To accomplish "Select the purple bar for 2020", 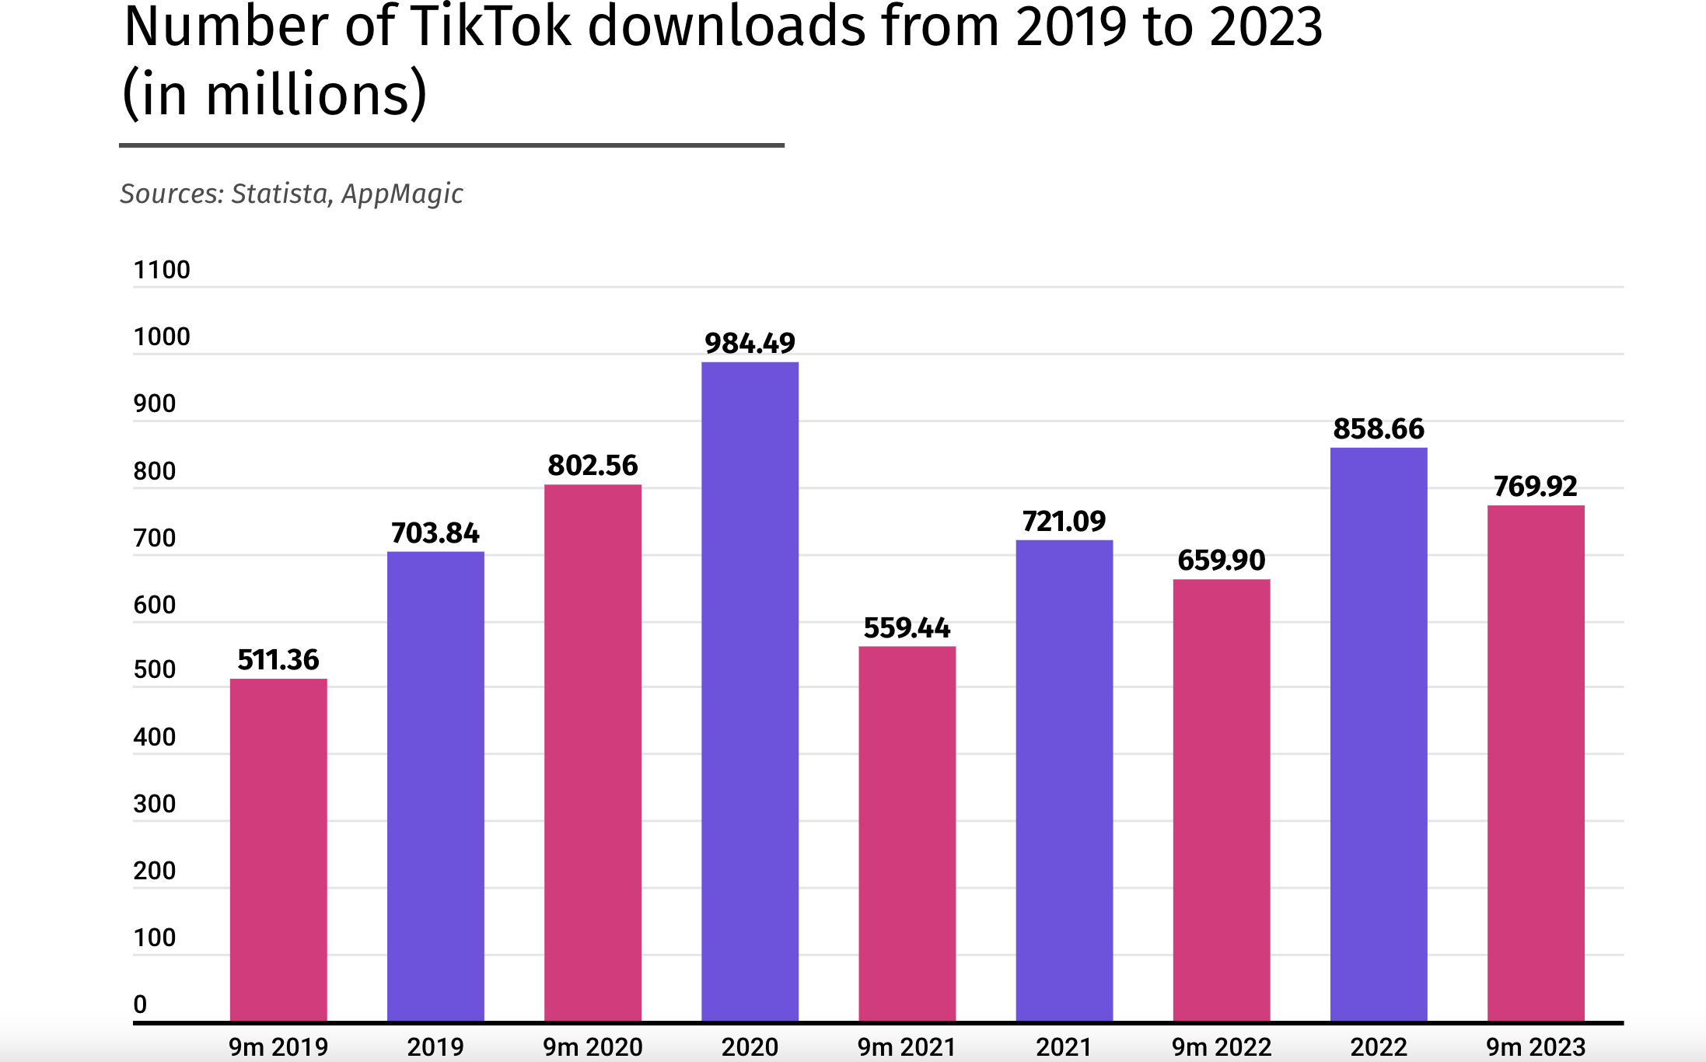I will click(750, 691).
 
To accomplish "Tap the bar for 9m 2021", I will click(907, 833).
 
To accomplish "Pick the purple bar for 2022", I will click(1378, 734).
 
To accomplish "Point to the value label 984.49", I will click(750, 343).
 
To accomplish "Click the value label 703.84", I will click(435, 533).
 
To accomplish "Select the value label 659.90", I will click(1221, 560).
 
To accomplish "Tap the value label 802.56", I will click(593, 466).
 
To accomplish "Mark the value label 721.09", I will click(1064, 521).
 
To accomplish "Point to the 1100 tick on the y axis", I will click(162, 270).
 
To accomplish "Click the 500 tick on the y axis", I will click(155, 669).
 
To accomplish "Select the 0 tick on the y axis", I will click(140, 1004).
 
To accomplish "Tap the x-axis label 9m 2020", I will click(593, 1047).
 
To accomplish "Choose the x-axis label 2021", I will click(1064, 1047).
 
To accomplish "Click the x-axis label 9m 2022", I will click(1221, 1047).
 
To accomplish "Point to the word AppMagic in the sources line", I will click(402, 194).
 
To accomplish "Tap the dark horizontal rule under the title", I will click(451, 145).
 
